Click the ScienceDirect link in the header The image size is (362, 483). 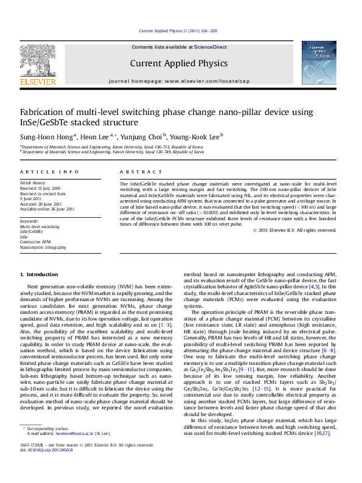pyautogui.click(x=211, y=47)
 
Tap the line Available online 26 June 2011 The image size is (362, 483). pyautogui.click(x=47, y=209)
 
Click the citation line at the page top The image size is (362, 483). pyautogui.click(x=178, y=30)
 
